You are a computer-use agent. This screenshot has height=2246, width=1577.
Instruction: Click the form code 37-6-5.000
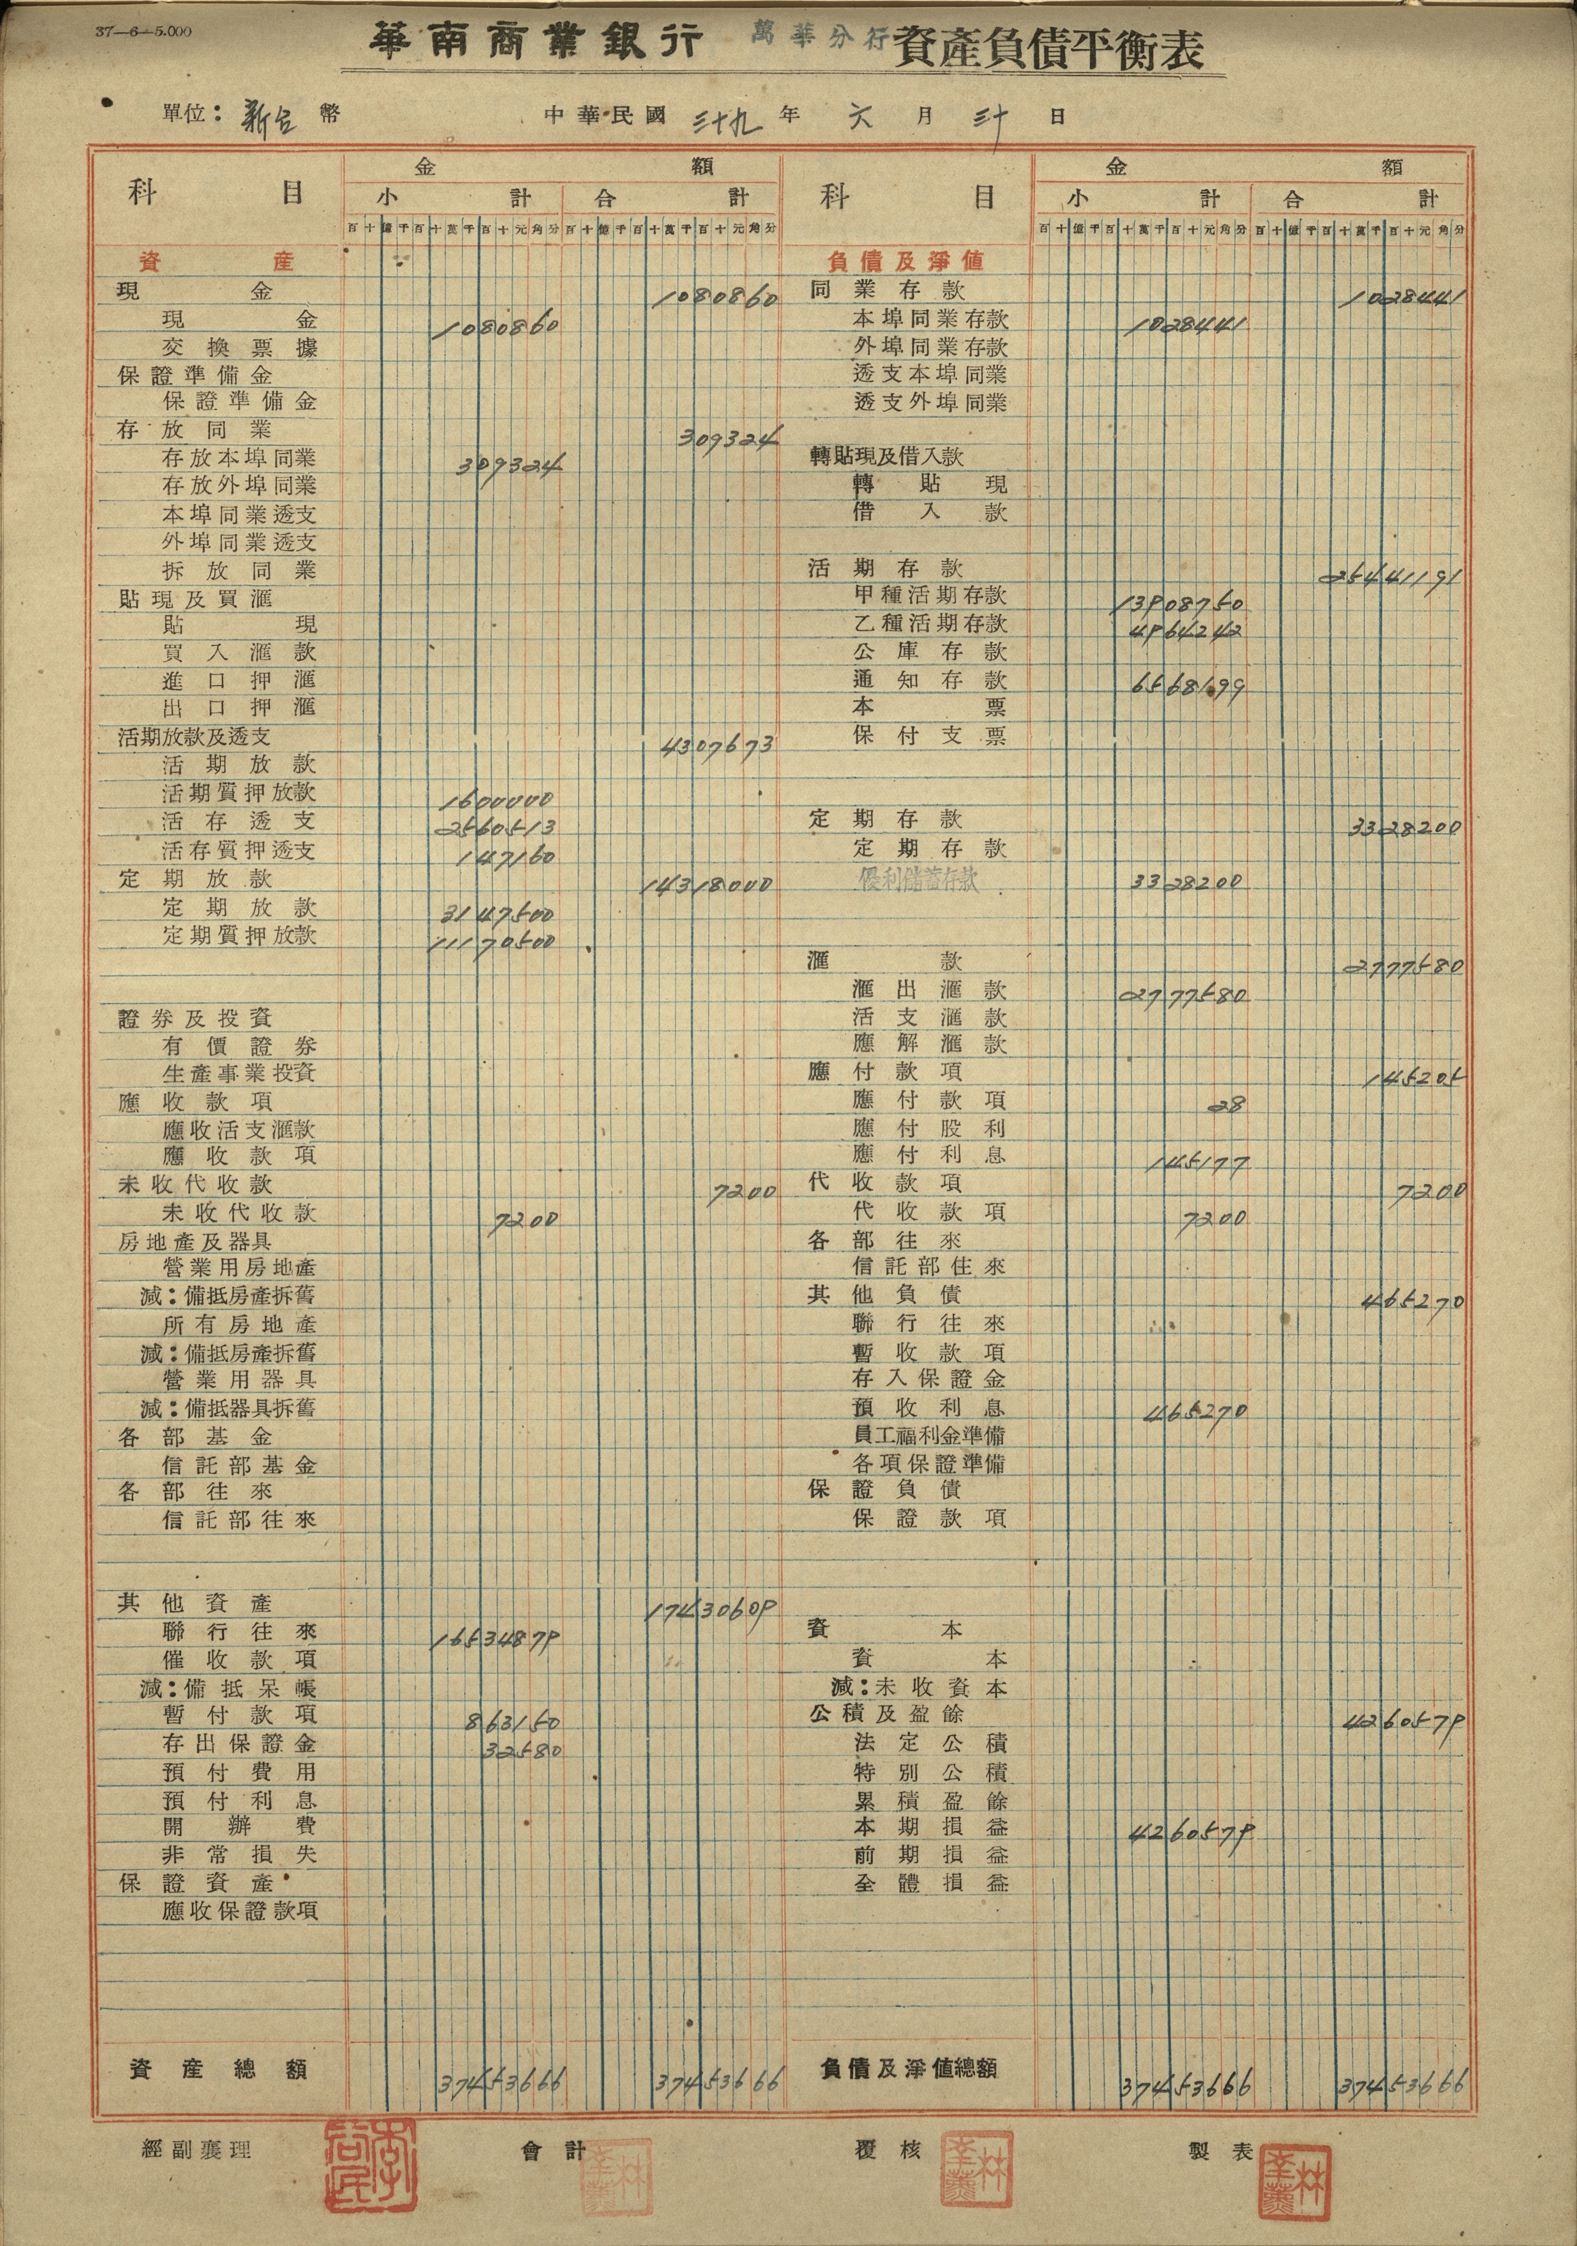[x=144, y=31]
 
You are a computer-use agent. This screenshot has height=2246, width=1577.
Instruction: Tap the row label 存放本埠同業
[x=239, y=458]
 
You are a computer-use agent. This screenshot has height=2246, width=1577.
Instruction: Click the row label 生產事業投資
[x=239, y=1073]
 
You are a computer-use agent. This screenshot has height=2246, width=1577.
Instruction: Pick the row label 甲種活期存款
[x=929, y=595]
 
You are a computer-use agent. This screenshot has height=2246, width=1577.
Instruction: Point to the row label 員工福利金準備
[x=929, y=1435]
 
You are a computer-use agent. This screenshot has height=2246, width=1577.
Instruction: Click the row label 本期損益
[x=929, y=1826]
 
